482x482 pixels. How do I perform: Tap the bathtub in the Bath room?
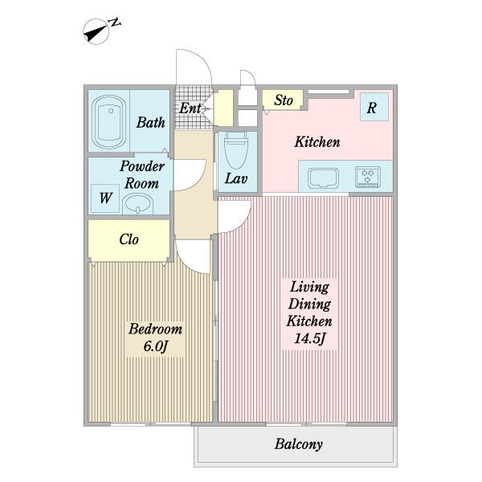[x=108, y=122]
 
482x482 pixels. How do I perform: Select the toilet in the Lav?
[x=236, y=151]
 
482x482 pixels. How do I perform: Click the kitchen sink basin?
[x=323, y=178]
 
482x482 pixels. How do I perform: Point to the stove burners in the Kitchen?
[x=368, y=177]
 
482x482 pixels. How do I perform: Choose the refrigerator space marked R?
[x=374, y=107]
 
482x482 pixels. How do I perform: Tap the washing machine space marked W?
[x=105, y=198]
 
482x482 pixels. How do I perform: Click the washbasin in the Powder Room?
[x=137, y=204]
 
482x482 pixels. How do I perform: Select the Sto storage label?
[x=284, y=100]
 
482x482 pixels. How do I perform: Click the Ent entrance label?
[x=190, y=108]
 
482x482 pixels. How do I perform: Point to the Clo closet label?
[x=129, y=239]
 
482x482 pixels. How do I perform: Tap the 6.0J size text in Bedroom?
[x=155, y=346]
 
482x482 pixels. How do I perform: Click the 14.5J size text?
[x=309, y=339]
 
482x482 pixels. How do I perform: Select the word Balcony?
[x=299, y=444]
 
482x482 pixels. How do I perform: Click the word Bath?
[x=151, y=122]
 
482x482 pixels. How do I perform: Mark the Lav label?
[x=236, y=178]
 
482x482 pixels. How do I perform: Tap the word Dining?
[x=309, y=304]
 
